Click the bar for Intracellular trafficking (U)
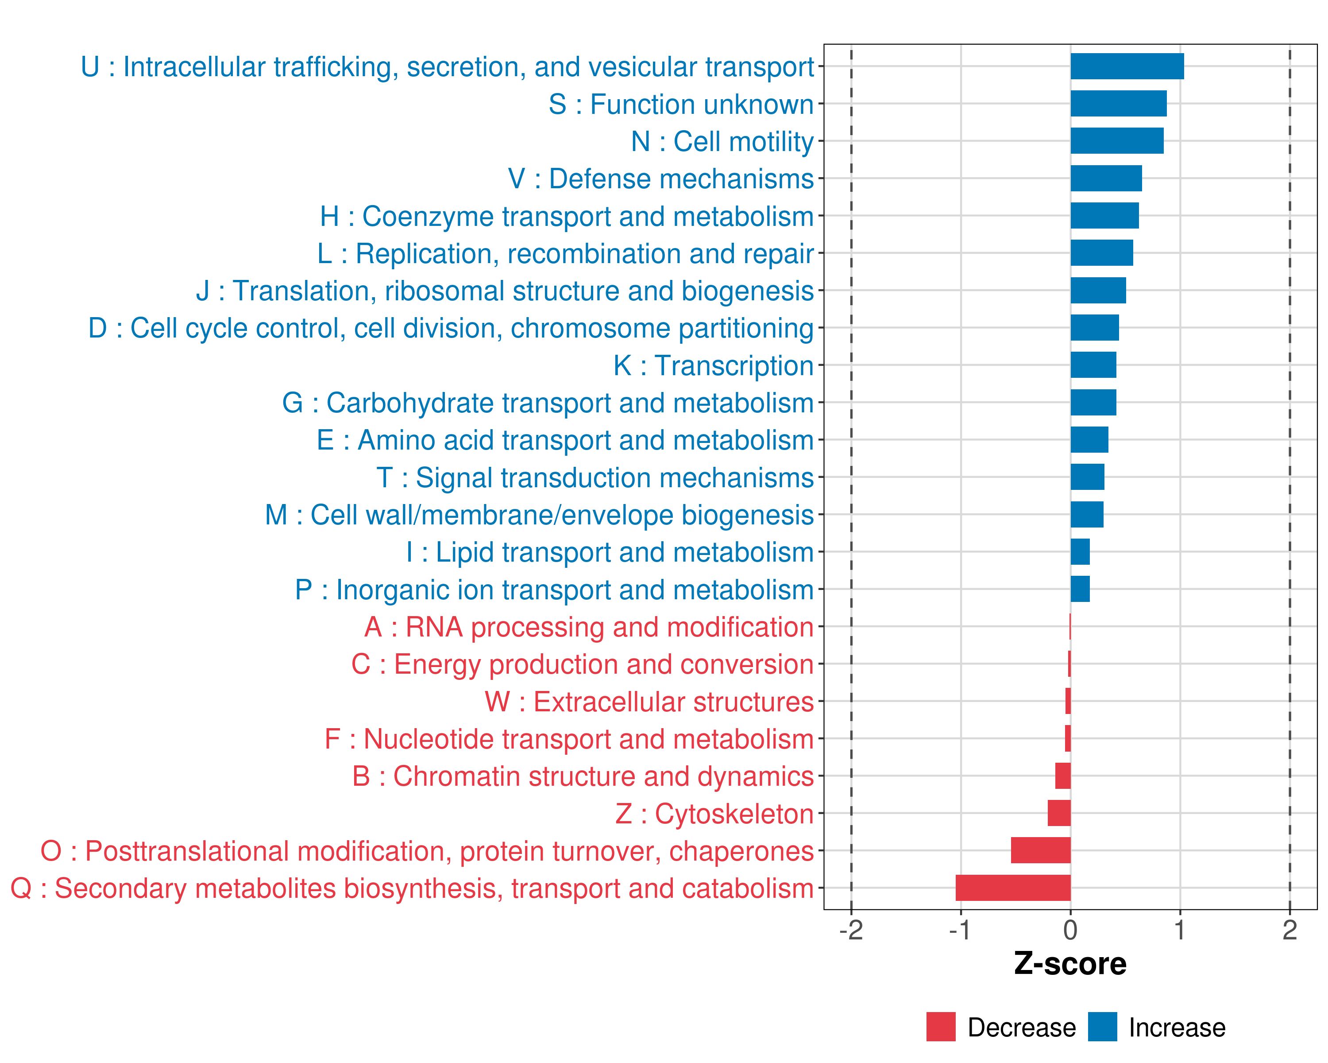tap(1127, 66)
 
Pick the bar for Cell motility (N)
tap(1117, 141)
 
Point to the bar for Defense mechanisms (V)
tap(1106, 178)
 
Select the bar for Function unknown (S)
tap(1118, 104)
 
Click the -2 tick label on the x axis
tap(851, 930)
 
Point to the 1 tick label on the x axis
tap(1180, 930)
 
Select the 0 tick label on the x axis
tap(1070, 930)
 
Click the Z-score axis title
tap(1070, 964)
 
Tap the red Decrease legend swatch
tap(941, 1027)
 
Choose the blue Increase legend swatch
tap(1102, 1027)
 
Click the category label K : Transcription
tap(713, 365)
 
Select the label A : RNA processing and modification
tap(589, 627)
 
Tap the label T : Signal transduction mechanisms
tap(595, 477)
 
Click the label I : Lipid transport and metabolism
tap(610, 552)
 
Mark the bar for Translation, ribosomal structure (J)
tap(1098, 290)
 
